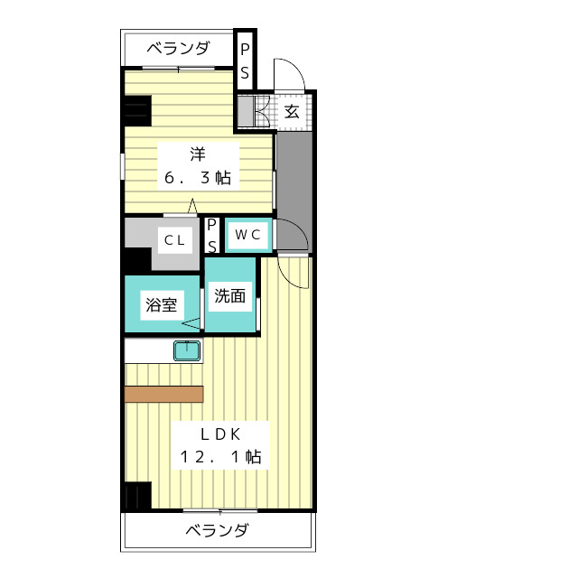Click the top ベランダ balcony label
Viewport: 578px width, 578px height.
point(179,48)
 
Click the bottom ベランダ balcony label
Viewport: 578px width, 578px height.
point(217,530)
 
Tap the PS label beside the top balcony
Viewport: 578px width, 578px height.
point(245,61)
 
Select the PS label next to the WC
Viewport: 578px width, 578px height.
point(212,236)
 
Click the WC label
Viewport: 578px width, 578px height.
point(247,235)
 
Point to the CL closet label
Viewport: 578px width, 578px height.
point(174,240)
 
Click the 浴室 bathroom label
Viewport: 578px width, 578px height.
point(162,305)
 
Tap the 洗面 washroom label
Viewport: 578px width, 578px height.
point(230,295)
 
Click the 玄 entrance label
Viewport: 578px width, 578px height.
point(292,111)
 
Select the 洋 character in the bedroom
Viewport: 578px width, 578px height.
point(198,154)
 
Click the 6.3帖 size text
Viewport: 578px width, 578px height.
point(198,178)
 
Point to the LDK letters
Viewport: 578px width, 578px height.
point(220,434)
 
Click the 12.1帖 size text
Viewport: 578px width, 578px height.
point(220,457)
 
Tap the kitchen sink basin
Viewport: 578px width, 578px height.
point(187,350)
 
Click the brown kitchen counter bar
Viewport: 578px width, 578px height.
point(164,394)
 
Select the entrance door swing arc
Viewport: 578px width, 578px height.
point(296,66)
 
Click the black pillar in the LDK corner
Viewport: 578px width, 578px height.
point(137,496)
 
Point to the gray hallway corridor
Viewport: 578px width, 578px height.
point(294,191)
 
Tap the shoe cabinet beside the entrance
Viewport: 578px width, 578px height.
point(245,110)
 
